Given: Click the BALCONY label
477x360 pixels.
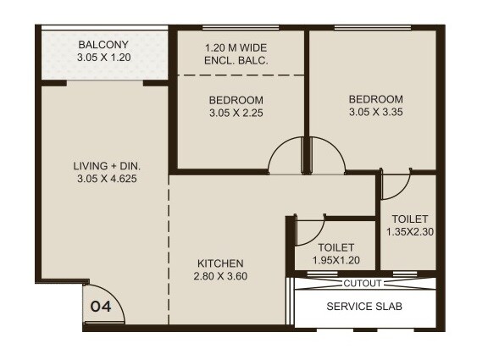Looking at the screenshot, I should [x=104, y=44].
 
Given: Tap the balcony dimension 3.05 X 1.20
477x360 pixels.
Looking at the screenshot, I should [x=103, y=58].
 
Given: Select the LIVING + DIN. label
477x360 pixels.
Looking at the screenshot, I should [x=107, y=165].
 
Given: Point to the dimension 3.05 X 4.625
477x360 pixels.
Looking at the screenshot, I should [x=107, y=179].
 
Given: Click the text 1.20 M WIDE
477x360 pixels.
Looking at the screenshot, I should [x=236, y=47].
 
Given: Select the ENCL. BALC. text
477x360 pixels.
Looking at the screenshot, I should [x=236, y=61].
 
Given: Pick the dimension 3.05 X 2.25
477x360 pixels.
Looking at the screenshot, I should [x=236, y=113].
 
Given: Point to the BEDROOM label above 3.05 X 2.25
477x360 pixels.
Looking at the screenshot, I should [x=236, y=99].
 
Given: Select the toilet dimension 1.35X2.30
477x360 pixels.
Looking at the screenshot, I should [x=410, y=231].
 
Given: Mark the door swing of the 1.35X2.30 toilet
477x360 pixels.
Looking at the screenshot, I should [x=396, y=183].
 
